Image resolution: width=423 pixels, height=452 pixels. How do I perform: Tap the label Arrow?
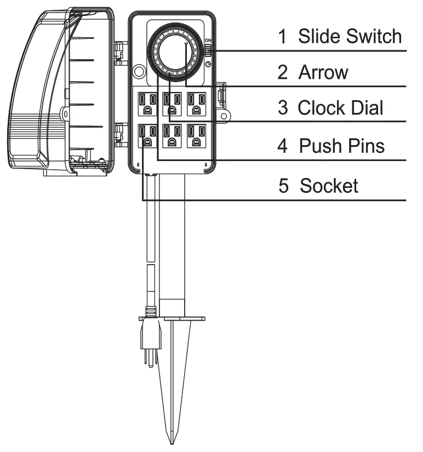(x=323, y=72)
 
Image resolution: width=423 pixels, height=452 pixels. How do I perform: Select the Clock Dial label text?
(x=340, y=108)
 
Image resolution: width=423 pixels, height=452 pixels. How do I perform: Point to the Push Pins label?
(x=342, y=146)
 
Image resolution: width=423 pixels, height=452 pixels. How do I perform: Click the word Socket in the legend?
(x=329, y=186)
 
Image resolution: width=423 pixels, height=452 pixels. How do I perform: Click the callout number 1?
(x=283, y=37)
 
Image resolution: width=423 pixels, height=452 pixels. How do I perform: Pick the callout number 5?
(x=283, y=186)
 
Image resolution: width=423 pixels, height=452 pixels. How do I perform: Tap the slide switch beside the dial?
(x=209, y=51)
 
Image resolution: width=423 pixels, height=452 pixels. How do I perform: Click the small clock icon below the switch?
(x=209, y=64)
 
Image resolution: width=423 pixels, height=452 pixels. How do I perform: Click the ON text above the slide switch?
(x=209, y=41)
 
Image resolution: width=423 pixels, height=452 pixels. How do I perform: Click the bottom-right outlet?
(x=198, y=136)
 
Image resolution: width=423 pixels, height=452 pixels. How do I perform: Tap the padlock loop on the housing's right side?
(x=224, y=115)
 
